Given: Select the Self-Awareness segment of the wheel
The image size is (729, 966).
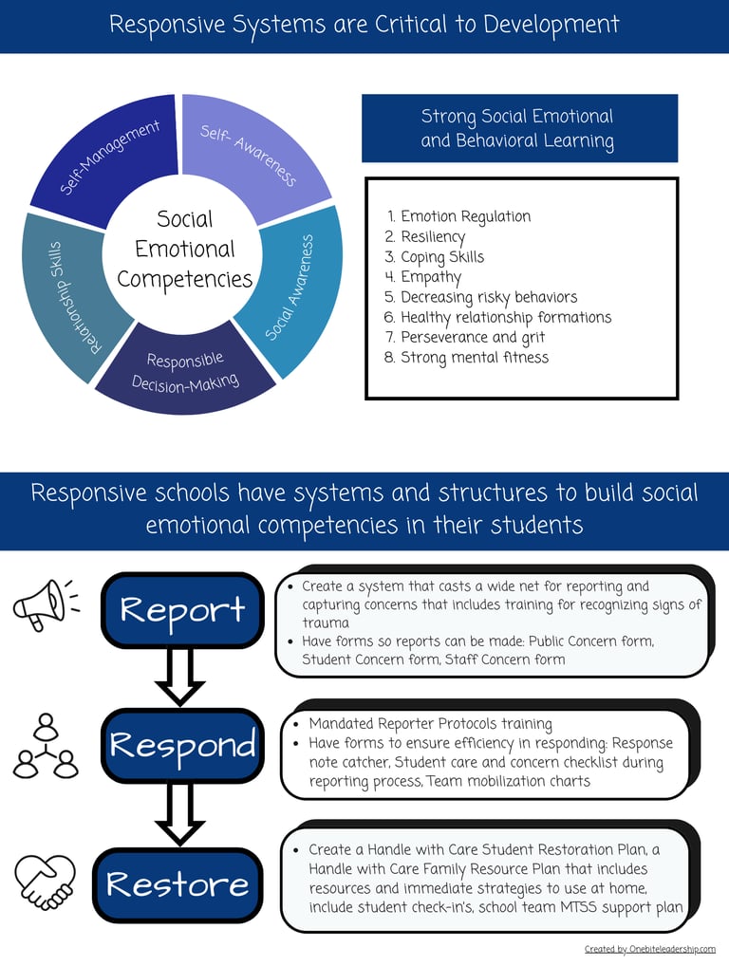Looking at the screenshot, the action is [x=249, y=153].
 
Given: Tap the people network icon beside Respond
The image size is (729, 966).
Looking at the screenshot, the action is [x=46, y=746].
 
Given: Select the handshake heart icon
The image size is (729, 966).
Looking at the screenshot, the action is [x=46, y=882].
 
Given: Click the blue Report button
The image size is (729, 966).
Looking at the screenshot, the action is [x=181, y=609].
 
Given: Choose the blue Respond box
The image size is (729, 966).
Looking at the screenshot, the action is [x=181, y=745].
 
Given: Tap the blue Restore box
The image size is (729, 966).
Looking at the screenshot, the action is [x=178, y=884].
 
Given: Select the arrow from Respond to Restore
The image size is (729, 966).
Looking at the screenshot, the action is [x=180, y=814].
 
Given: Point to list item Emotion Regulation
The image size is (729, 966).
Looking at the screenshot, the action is [x=465, y=216].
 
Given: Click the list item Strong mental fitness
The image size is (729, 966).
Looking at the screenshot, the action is [x=474, y=358].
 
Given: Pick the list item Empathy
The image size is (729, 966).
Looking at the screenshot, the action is [x=430, y=277].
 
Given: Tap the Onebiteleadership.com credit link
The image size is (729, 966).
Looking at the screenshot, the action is [x=649, y=949].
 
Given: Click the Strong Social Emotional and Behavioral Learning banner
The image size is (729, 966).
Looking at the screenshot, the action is [x=518, y=129].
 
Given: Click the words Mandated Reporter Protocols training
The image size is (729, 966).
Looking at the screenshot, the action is [x=430, y=724].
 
